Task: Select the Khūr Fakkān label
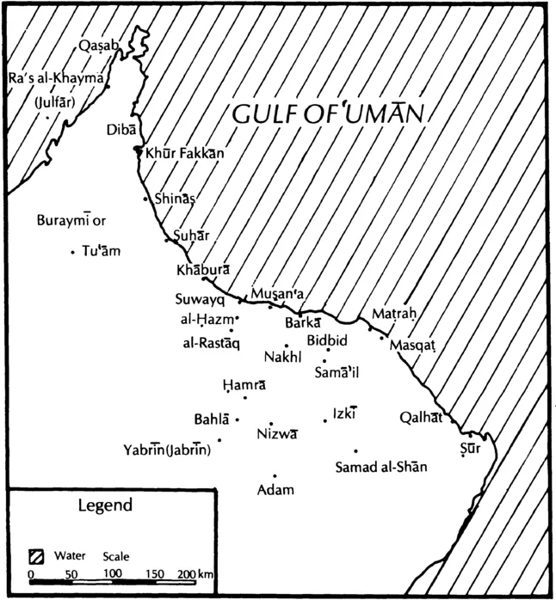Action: [185, 153]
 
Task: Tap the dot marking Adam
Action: [275, 475]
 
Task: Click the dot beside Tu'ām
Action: [72, 252]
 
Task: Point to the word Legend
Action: [105, 505]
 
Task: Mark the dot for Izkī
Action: [324, 420]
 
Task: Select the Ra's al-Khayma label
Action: [56, 78]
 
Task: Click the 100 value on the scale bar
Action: [112, 573]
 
